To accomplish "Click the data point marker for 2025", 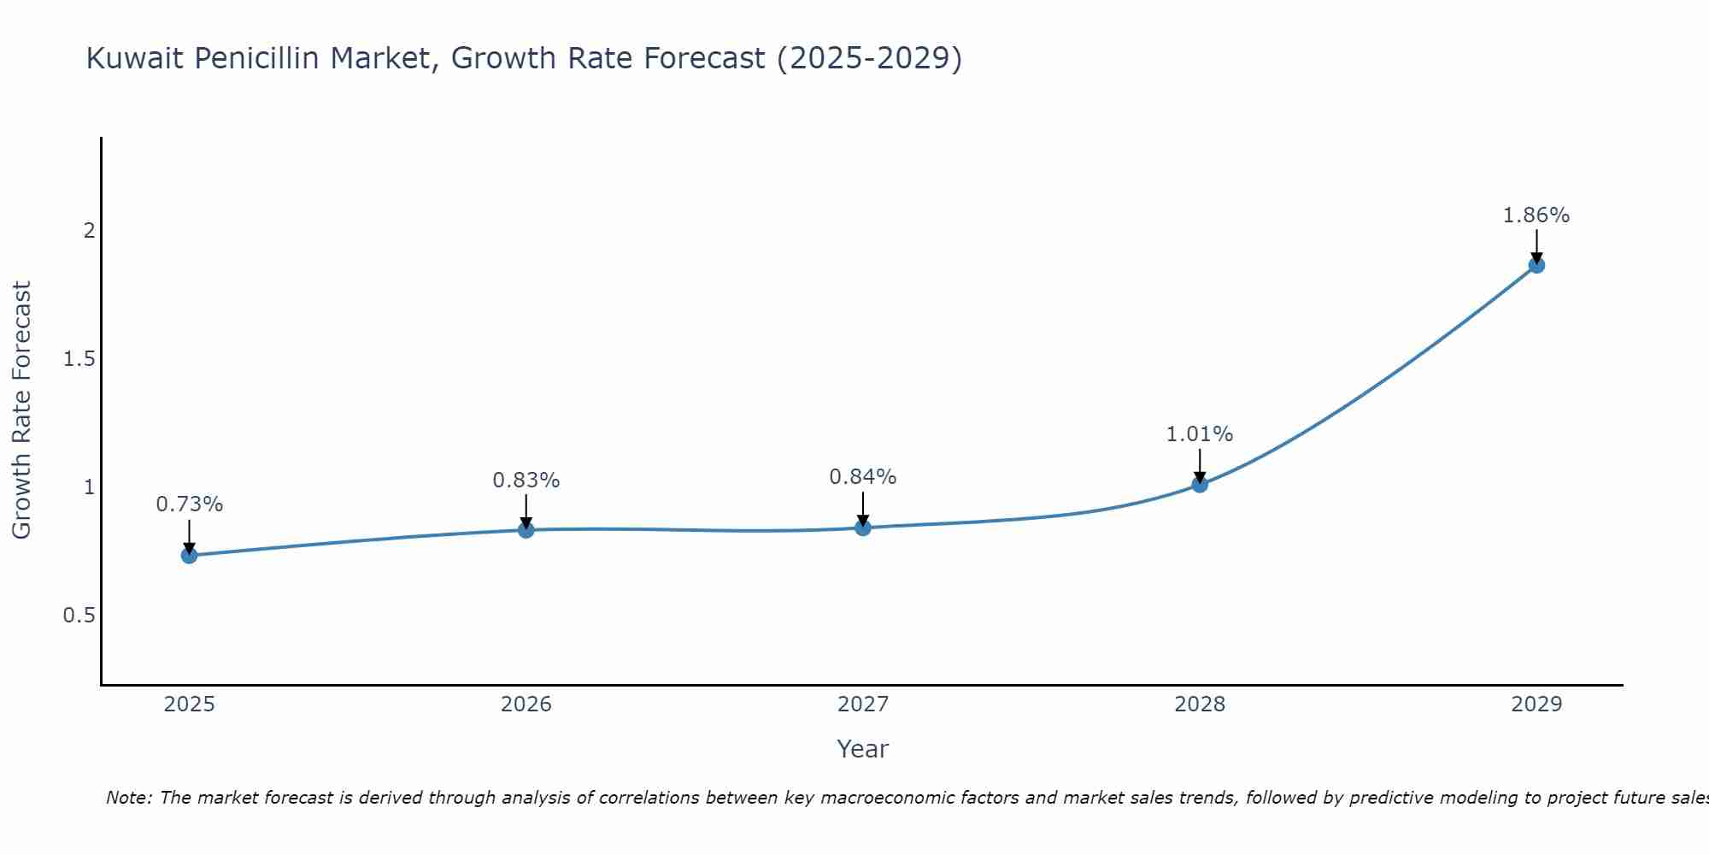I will (189, 556).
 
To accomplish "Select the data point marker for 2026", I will (526, 530).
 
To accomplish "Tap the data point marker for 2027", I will (863, 528).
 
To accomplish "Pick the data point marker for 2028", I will (1200, 485).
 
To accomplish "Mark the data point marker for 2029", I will (1536, 265).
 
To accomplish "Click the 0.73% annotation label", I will (189, 504).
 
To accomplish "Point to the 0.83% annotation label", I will (526, 481).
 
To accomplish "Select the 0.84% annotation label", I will (863, 477).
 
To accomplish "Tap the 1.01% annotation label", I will (1200, 434).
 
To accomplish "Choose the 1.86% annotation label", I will (1536, 215).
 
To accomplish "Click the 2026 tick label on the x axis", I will (526, 705).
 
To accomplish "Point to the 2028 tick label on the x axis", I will (1200, 705).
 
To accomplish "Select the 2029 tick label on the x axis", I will (1536, 705).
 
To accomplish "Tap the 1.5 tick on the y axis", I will (79, 359).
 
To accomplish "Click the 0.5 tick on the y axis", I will (79, 616).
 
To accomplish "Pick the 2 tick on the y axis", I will (89, 231).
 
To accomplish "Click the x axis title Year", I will (863, 749).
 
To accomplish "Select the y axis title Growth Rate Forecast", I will (22, 410).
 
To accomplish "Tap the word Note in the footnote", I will (128, 798).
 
